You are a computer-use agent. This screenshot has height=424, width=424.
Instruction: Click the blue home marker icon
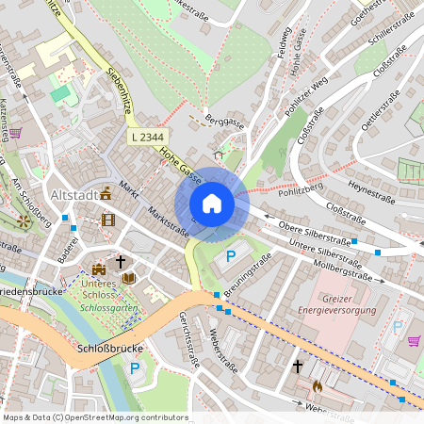tap(212, 203)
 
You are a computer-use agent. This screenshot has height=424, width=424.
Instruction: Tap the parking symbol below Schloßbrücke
tap(135, 368)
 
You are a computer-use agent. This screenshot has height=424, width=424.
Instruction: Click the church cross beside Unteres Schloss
tap(121, 261)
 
